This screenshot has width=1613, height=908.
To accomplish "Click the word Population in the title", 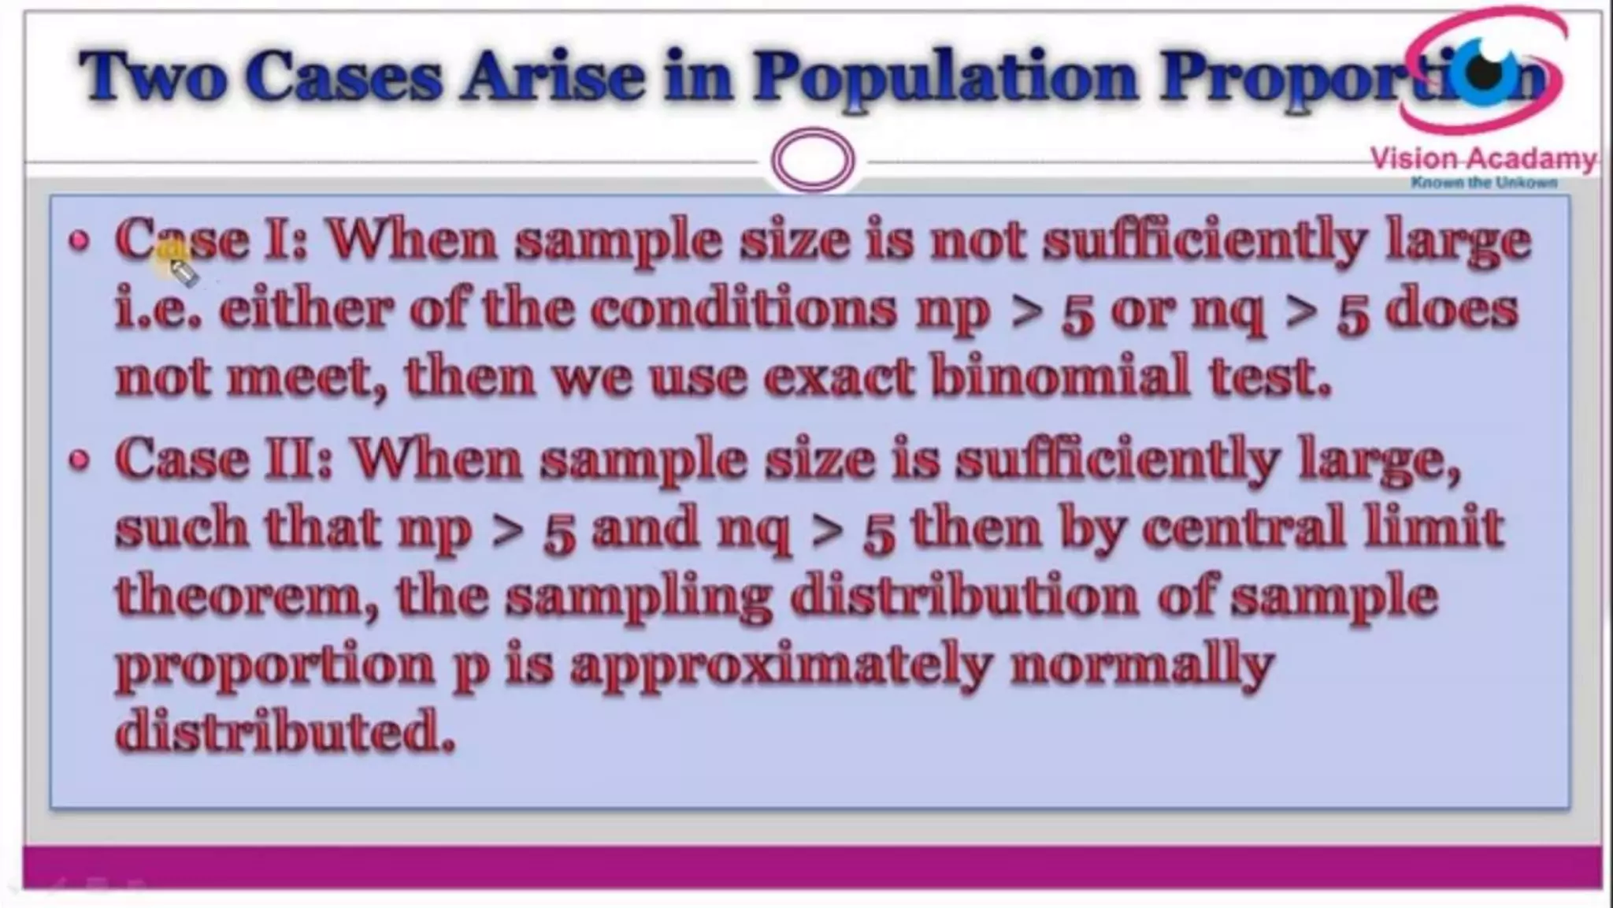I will coord(945,77).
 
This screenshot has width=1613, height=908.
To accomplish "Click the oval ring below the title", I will coord(813,160).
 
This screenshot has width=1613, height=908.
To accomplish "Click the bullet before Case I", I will coord(79,241).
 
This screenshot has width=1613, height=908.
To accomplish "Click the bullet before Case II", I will coord(79,460).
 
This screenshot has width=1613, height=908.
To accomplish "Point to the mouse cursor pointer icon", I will coord(183,272).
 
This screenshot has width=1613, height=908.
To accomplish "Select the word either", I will coord(306,309).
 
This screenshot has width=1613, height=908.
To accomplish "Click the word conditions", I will coord(743,309).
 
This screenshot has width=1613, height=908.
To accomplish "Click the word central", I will coord(1243,527).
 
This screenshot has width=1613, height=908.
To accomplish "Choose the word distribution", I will coord(964,597).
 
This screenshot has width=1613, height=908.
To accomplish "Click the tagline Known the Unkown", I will coord(1484,183).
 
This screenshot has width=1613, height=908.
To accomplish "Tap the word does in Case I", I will coord(1452,309).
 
